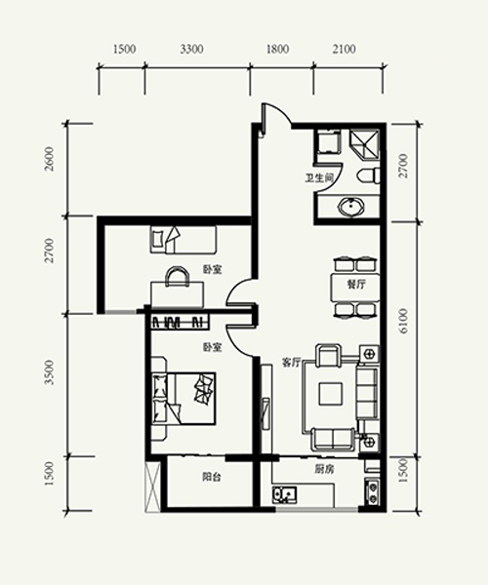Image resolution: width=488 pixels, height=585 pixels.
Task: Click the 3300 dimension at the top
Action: [x=191, y=49]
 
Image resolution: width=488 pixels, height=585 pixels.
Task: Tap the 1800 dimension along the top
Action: [x=277, y=49]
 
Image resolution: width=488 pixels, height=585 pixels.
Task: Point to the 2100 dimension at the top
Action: [x=344, y=49]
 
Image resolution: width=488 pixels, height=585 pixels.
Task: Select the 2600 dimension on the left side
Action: [x=49, y=159]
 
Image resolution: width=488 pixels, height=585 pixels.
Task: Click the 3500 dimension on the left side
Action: [x=49, y=372]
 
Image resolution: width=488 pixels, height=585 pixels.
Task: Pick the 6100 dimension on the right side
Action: [x=404, y=321]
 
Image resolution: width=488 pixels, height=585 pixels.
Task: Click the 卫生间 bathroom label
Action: [x=319, y=178]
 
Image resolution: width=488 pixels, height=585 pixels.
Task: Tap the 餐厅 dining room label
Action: [x=356, y=285]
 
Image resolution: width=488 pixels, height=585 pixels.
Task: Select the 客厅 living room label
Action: [x=291, y=363]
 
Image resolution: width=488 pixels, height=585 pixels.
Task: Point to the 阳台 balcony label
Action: [x=212, y=477]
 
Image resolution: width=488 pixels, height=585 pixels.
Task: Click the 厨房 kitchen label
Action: [x=324, y=470]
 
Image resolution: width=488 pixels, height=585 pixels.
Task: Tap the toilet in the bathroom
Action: [x=369, y=176]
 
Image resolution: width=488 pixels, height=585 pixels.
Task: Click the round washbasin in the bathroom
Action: [x=351, y=207]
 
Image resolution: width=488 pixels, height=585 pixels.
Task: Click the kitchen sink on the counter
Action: [x=285, y=494]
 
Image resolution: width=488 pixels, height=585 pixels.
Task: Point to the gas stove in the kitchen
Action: [x=372, y=492]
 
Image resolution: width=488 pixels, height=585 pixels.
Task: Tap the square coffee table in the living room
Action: [x=331, y=394]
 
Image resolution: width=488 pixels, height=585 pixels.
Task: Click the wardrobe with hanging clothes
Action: [x=180, y=322]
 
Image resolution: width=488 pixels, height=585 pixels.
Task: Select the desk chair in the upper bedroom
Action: [x=178, y=277]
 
